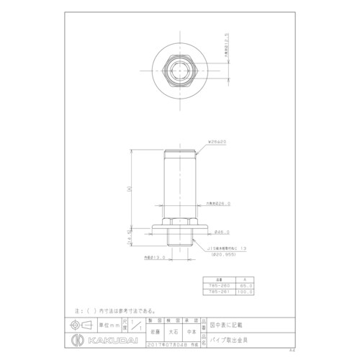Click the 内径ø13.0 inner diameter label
coord(156,256)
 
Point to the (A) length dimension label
coord(128,189)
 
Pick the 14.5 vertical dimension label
coord(129,233)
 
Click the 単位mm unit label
coord(106,324)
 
